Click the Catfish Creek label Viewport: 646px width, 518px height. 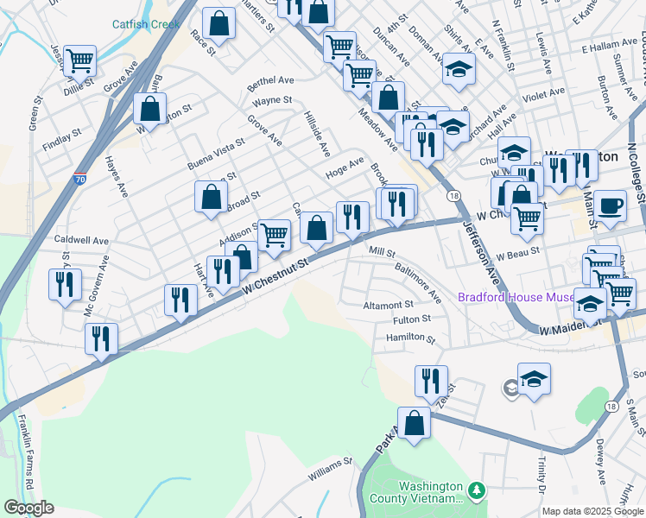[x=147, y=24]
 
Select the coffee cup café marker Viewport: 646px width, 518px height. [x=610, y=205]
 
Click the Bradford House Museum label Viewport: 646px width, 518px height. [x=516, y=297]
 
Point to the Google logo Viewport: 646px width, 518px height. [x=28, y=508]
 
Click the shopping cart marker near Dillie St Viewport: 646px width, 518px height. [x=79, y=60]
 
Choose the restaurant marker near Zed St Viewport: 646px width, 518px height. [x=430, y=381]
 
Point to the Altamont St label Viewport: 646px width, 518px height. [x=389, y=305]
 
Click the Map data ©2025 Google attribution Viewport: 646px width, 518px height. [x=592, y=511]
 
